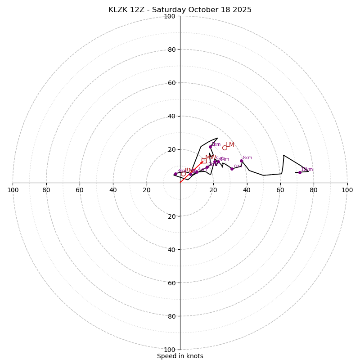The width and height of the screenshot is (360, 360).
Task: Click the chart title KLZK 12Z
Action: [180, 10]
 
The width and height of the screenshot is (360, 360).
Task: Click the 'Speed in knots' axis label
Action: [180, 356]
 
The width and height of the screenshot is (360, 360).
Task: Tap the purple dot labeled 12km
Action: [300, 172]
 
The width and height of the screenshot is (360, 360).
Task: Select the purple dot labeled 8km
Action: [241, 161]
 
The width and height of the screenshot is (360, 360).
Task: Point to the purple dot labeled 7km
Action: [232, 169]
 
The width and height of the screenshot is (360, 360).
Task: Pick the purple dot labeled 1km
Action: [207, 167]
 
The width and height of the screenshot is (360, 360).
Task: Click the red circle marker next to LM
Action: [225, 148]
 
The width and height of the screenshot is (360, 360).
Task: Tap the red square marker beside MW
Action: [204, 161]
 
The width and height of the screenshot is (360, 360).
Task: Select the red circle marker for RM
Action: [183, 174]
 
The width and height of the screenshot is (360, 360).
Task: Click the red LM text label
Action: [230, 144]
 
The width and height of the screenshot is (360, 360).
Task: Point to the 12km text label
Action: [307, 170]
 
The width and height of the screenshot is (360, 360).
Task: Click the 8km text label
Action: [247, 158]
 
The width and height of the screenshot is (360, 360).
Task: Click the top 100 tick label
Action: [170, 16]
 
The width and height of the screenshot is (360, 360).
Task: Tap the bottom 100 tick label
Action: [170, 349]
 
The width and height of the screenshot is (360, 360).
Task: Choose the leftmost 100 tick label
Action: [13, 190]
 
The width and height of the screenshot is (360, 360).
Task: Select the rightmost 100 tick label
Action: [347, 190]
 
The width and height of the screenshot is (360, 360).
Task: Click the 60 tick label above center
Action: [171, 83]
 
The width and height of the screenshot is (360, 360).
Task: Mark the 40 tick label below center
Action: [171, 249]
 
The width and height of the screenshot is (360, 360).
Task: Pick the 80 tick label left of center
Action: [46, 190]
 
